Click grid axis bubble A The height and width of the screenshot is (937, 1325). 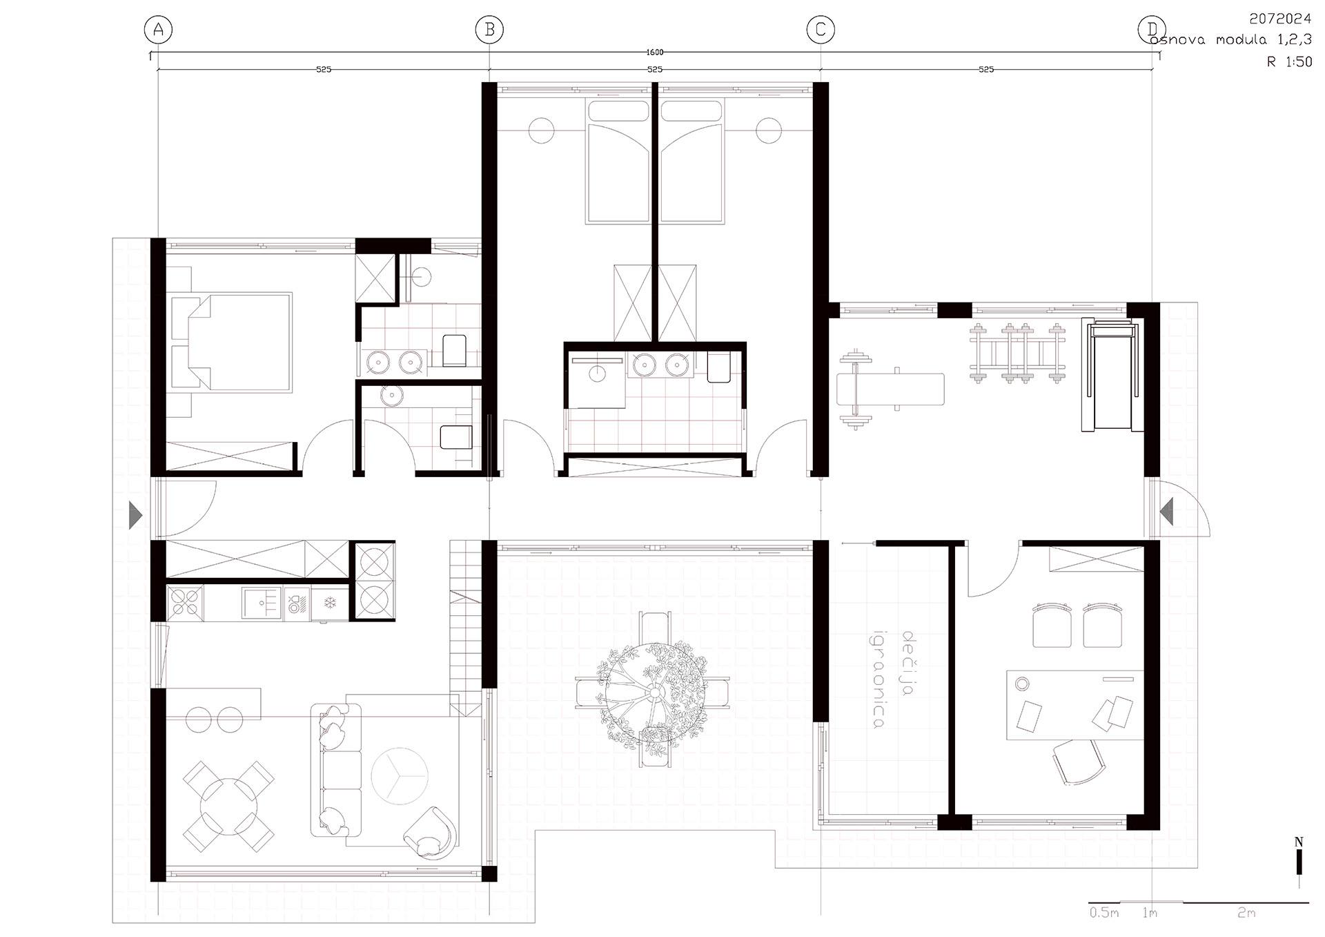(x=158, y=30)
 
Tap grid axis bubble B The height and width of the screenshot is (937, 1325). (x=489, y=30)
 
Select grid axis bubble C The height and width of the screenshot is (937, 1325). (x=821, y=30)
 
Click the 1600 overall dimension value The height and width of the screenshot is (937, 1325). (x=655, y=52)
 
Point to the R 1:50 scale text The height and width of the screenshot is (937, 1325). (x=1289, y=61)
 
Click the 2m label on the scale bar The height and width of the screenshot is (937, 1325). (x=1246, y=912)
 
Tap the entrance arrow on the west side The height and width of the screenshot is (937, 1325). (x=136, y=515)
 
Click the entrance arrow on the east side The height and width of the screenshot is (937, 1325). (x=1166, y=512)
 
